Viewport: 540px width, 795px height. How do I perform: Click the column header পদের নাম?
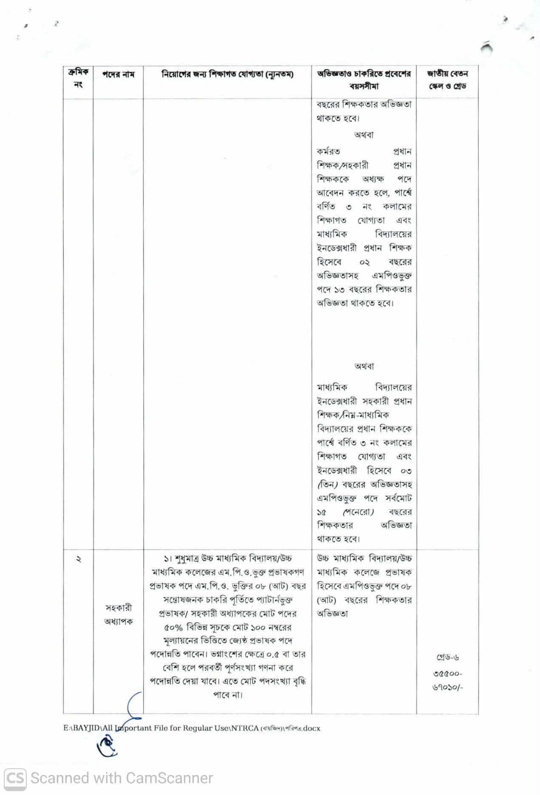coord(118,74)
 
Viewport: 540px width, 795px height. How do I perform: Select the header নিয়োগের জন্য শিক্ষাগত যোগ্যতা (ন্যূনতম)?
coord(227,74)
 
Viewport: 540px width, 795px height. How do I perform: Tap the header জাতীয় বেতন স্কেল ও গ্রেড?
coord(447,79)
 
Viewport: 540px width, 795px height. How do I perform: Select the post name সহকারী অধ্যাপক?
coord(118,615)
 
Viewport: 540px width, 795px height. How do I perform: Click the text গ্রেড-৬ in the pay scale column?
coord(447,658)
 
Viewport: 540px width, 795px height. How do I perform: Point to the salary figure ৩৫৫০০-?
coord(448,674)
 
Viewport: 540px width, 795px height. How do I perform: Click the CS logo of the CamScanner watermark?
coord(14,778)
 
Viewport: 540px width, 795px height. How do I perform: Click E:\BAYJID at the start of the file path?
coord(82,728)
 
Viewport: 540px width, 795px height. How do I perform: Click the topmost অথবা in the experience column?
coord(364,135)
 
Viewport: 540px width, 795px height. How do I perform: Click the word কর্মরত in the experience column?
coord(328,152)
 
